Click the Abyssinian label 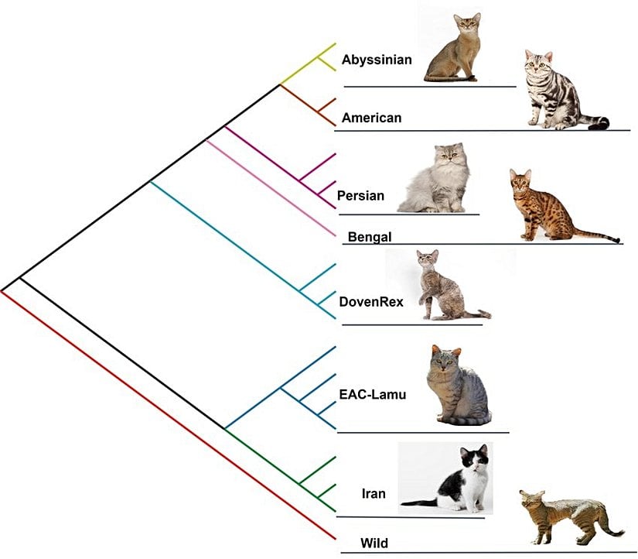pos(377,60)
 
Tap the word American pos(371,118)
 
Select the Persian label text pos(360,195)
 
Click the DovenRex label pos(371,301)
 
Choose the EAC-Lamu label pos(373,394)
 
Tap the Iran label pos(374,493)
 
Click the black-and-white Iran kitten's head pos(474,460)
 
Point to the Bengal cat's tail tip pos(616,240)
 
